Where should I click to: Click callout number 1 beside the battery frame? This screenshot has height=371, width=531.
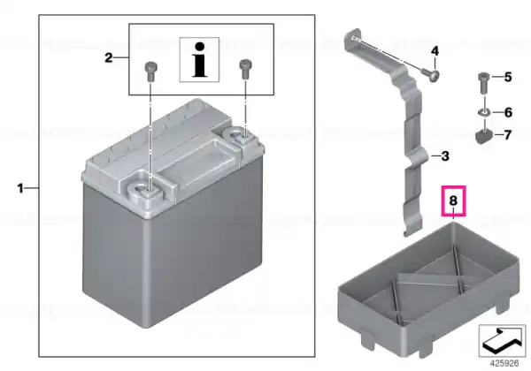point(20,188)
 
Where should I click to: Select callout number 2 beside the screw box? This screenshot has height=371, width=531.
point(108,57)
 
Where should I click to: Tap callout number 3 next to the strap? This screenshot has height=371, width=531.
point(445,156)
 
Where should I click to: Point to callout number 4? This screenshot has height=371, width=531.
point(435,51)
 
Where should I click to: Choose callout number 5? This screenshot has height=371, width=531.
point(508,77)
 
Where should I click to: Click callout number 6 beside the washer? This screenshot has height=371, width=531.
point(508,112)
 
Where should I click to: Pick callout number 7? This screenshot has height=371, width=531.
point(507,135)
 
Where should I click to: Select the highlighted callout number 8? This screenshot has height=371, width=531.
point(453,201)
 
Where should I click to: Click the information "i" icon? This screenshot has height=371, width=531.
point(199,60)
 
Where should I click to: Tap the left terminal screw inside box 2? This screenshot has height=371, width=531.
point(150,72)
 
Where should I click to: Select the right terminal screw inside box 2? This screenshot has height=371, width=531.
point(244,69)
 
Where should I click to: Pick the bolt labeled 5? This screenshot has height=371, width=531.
point(483,83)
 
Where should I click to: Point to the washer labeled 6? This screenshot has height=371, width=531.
point(483,112)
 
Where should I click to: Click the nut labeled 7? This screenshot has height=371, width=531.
point(483,137)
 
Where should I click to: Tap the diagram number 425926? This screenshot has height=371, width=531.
point(504,363)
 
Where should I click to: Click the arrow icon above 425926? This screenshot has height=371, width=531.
point(502,340)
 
